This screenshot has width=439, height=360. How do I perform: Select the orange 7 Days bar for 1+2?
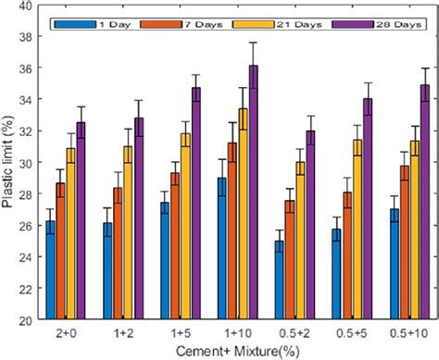tap(144, 254)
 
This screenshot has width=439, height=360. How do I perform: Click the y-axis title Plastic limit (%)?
tap(11, 164)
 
